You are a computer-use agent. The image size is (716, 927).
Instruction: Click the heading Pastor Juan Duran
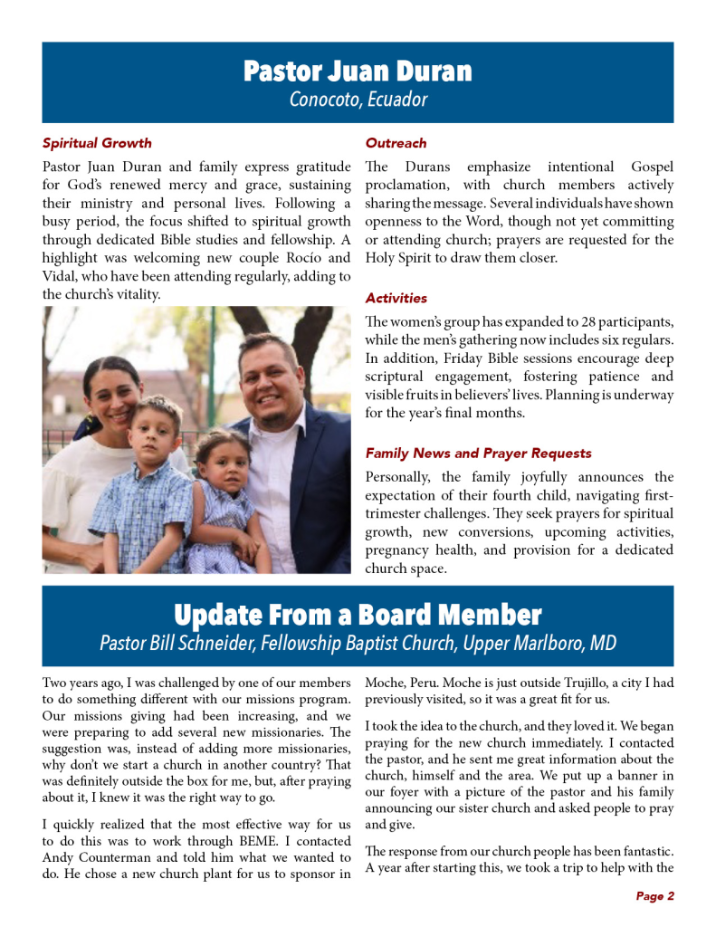coord(358,72)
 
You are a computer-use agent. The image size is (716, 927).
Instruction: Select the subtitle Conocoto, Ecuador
coord(358,100)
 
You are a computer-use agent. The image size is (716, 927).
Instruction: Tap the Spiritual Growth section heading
coord(97,143)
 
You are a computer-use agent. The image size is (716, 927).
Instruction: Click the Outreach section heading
coord(396,143)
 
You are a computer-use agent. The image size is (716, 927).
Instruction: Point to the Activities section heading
coord(396,298)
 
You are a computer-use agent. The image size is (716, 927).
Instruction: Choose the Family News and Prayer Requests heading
coord(478,453)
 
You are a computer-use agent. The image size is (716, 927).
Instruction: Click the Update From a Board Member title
coord(358,616)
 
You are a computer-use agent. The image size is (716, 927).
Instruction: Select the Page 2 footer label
coord(654,896)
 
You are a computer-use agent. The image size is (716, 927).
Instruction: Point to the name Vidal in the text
coord(60,276)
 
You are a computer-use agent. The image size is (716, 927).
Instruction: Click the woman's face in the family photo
coord(112,391)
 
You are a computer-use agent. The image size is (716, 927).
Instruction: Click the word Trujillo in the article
coord(513,682)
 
